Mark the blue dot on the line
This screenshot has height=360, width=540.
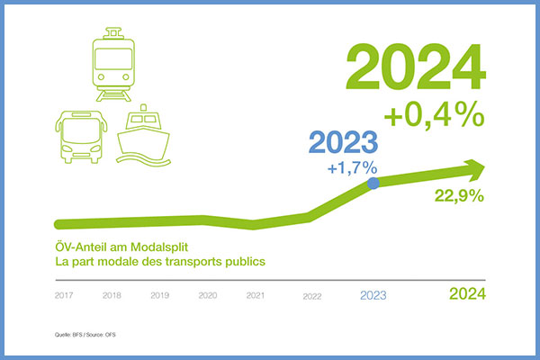tap(374, 183)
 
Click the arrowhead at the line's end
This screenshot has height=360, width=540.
tap(474, 168)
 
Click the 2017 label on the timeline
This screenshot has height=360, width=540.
tap(64, 295)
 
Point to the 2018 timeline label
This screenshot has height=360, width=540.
tap(112, 295)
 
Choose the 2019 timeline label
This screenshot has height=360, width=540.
tap(159, 295)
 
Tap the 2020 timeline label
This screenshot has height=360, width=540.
tap(208, 295)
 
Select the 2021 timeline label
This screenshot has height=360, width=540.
tap(256, 295)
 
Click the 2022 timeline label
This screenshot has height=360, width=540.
tap(313, 295)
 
